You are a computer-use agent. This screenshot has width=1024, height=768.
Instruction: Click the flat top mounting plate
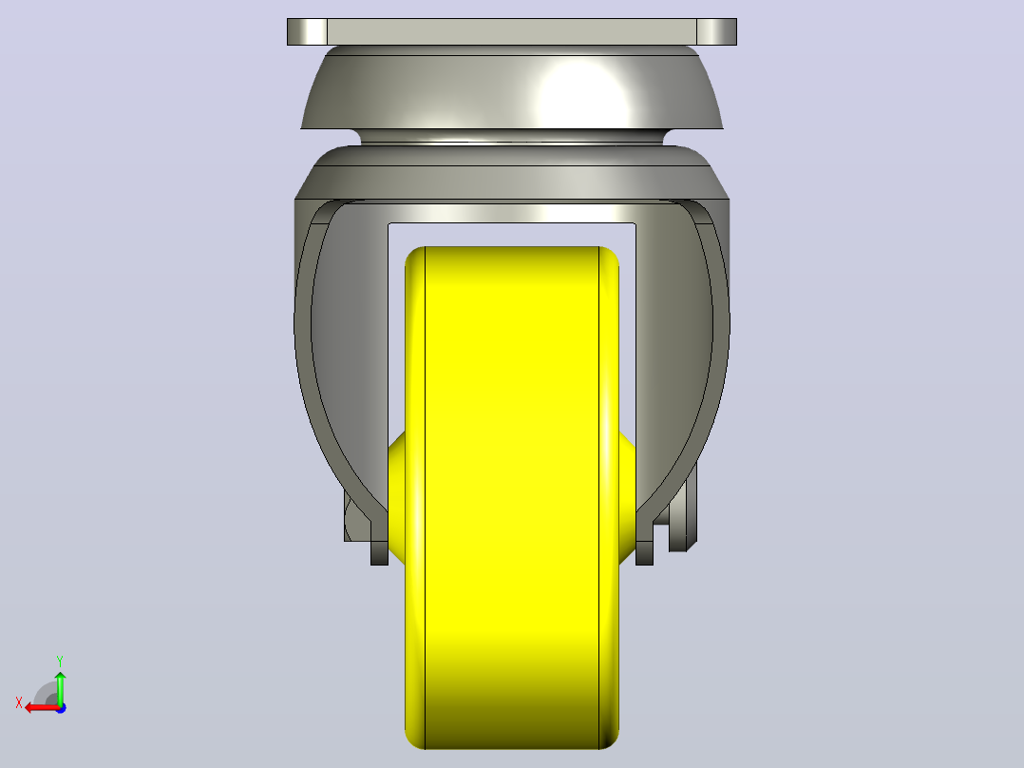(x=512, y=31)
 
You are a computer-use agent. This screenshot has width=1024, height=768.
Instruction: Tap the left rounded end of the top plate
(x=307, y=31)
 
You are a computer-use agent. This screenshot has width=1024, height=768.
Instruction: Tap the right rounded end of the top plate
(x=717, y=31)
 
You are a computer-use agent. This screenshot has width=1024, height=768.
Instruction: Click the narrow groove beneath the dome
(x=512, y=137)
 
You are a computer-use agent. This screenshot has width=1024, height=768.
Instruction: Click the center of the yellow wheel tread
(x=512, y=497)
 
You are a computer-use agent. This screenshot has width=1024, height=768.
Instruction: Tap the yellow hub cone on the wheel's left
(x=397, y=497)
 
